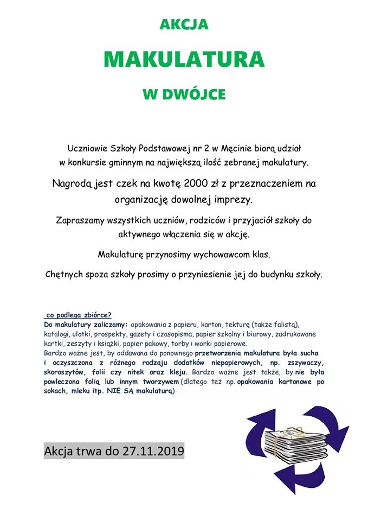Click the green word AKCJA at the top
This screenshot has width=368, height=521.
point(184,25)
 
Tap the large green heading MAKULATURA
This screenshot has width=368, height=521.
point(184,59)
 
